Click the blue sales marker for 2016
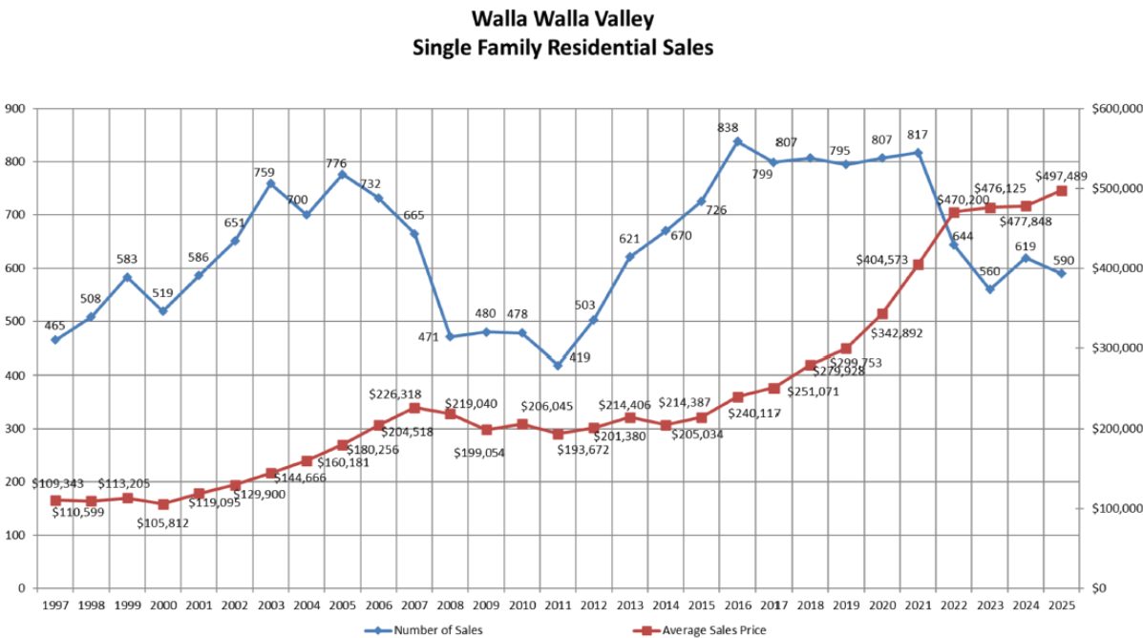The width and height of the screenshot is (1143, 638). click(737, 141)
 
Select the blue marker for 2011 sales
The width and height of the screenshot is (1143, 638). click(558, 365)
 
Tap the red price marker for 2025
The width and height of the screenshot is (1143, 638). click(1061, 191)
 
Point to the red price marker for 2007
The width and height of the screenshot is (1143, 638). click(414, 408)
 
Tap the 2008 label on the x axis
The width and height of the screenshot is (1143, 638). click(451, 606)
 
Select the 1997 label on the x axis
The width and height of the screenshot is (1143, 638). click(55, 606)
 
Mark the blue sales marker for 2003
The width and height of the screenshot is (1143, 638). click(271, 183)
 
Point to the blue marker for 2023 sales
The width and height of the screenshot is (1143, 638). click(989, 289)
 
